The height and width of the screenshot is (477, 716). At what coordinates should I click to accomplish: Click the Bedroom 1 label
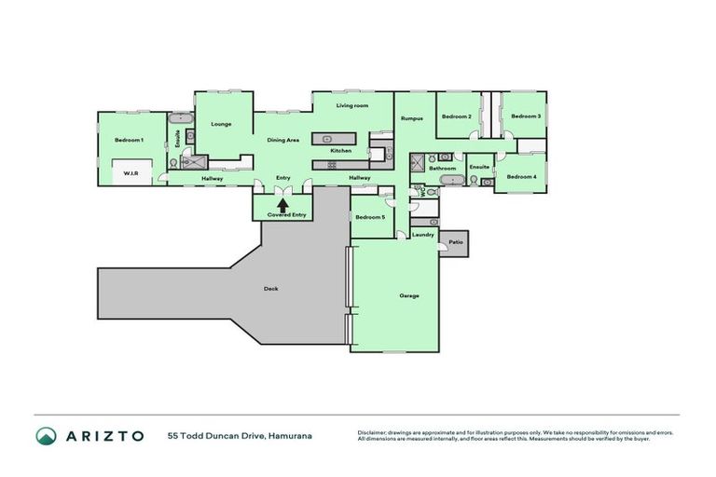pos(129,140)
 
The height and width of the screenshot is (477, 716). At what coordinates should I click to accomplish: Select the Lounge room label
pos(221,124)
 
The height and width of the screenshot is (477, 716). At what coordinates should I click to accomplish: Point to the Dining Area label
pos(282,140)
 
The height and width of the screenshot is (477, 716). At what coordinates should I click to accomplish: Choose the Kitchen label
pos(340,150)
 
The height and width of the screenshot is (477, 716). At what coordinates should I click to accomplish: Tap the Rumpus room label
pos(411,118)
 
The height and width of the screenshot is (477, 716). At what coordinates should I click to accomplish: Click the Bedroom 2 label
pos(456,116)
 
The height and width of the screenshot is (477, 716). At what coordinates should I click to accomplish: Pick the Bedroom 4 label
pos(521,176)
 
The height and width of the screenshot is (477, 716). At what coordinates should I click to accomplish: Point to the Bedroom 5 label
pos(370,217)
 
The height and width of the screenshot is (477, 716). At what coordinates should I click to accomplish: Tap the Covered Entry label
pos(286,215)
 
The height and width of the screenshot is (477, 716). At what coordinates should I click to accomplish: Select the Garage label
pos(409,295)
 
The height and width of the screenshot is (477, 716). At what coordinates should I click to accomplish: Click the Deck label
pos(270,288)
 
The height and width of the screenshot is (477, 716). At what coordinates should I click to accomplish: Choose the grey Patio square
pos(455,242)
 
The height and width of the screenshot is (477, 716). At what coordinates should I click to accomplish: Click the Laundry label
pos(422,235)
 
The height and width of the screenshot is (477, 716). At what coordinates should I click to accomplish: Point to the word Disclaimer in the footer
pos(373,432)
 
